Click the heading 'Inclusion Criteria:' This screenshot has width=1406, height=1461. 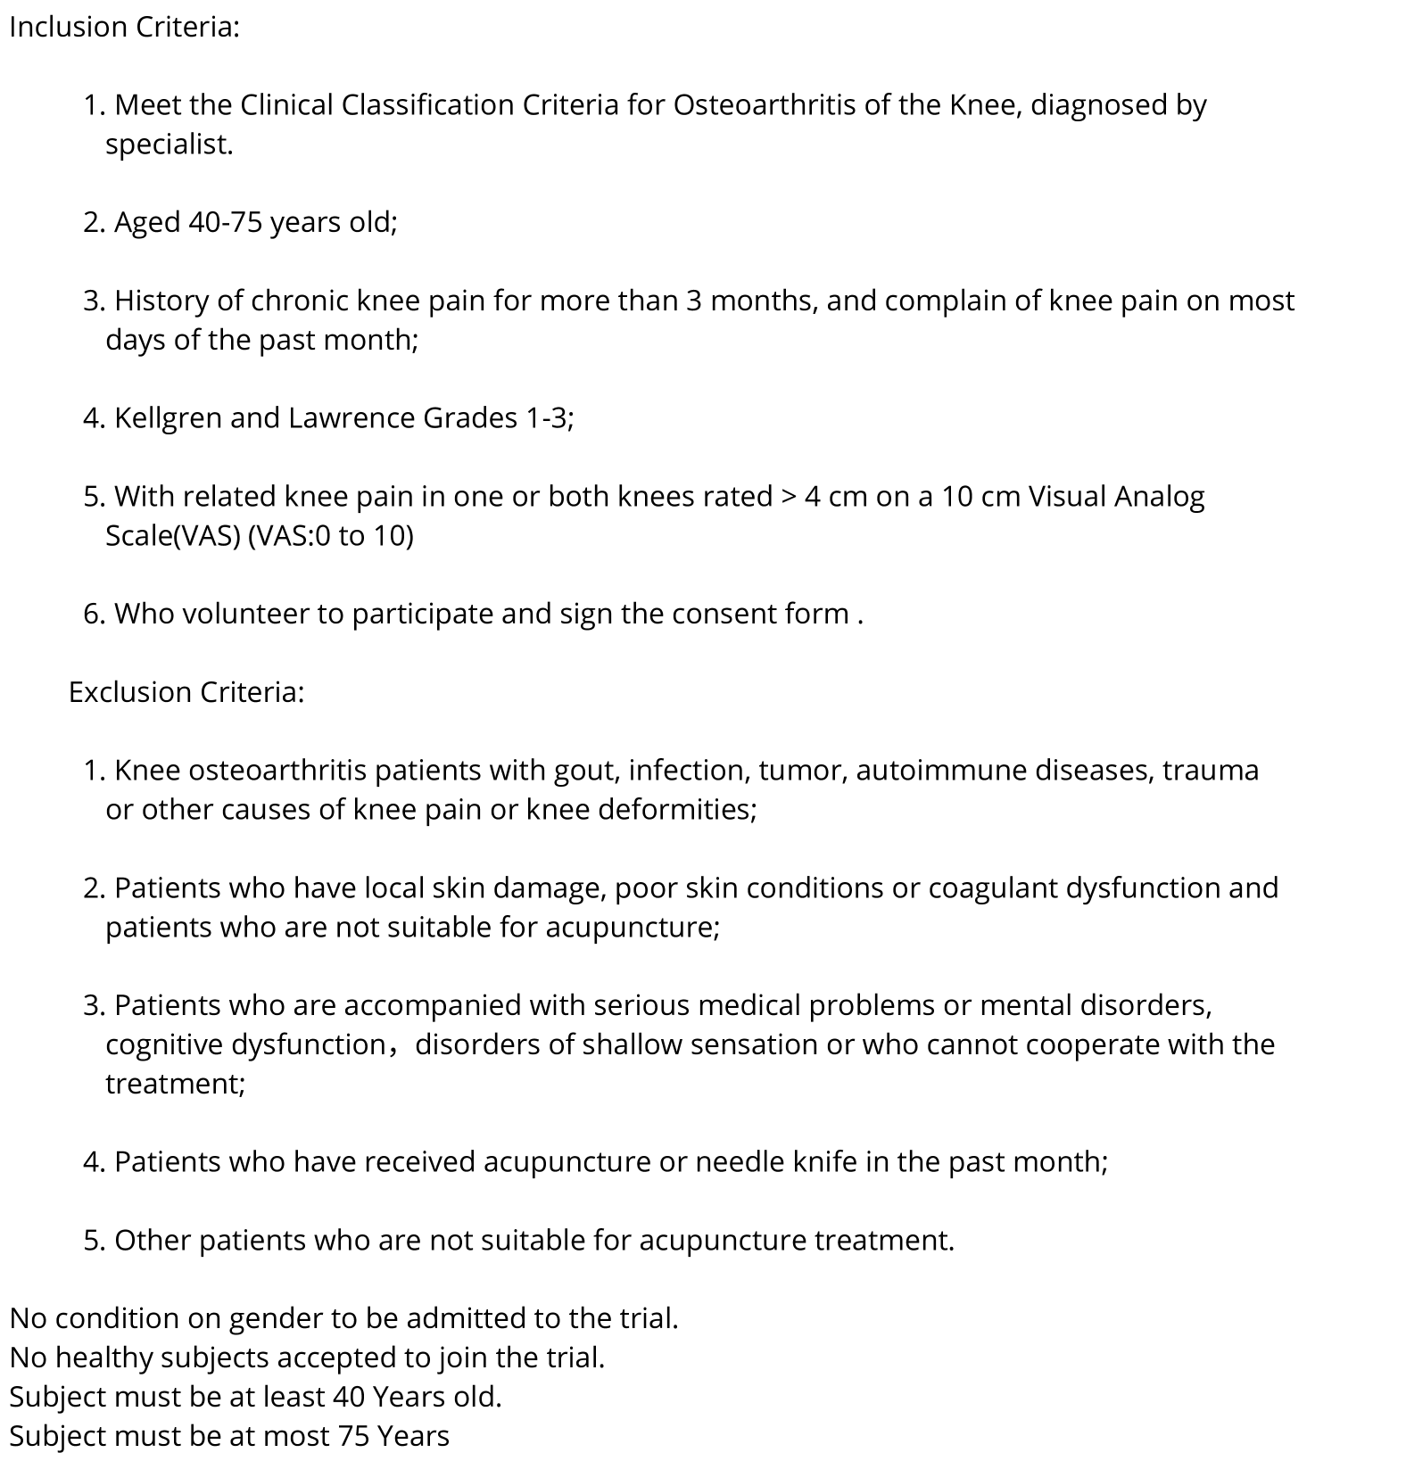(x=124, y=28)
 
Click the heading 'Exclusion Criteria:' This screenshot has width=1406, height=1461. (x=186, y=692)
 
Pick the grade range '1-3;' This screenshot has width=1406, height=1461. (x=546, y=418)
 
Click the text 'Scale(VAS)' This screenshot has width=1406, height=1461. (x=172, y=536)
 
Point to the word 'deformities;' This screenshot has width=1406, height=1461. (x=676, y=810)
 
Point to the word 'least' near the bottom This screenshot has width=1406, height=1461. (x=294, y=1397)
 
